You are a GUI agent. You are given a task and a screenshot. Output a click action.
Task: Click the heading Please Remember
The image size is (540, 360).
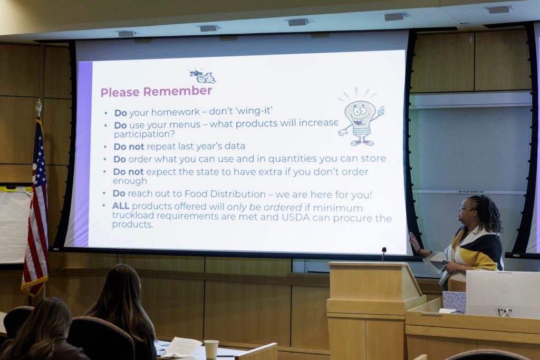tap(156, 92)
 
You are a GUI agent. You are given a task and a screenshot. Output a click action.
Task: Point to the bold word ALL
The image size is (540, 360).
tap(121, 206)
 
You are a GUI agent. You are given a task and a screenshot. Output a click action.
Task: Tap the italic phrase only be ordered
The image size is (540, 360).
tap(264, 208)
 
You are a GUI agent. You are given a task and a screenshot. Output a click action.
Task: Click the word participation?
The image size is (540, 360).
tap(144, 134)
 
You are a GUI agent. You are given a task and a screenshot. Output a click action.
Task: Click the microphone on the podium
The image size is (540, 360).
tap(384, 254)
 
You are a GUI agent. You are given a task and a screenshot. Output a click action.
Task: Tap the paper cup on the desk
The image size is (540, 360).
tap(211, 349)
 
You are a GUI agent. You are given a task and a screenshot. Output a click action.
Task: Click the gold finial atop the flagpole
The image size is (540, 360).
tap(38, 108)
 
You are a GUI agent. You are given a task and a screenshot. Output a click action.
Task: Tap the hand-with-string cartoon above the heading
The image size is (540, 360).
tap(202, 76)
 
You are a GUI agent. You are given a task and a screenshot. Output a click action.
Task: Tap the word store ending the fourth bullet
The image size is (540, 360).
tap(374, 158)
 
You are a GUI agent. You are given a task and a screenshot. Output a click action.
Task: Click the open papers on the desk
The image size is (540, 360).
tap(181, 347)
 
